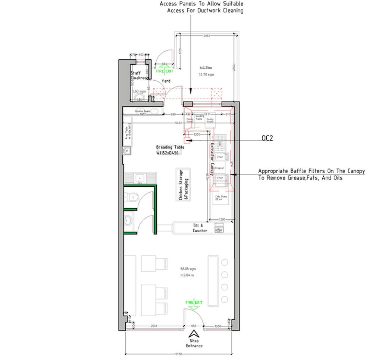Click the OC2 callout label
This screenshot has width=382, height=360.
[267, 138]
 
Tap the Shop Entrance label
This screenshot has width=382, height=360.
[194, 343]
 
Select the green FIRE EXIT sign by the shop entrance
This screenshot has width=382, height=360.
[194, 302]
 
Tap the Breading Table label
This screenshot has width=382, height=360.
[170, 150]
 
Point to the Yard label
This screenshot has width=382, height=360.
[166, 81]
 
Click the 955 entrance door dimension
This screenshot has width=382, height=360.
[194, 326]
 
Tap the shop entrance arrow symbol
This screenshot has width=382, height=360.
[194, 333]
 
